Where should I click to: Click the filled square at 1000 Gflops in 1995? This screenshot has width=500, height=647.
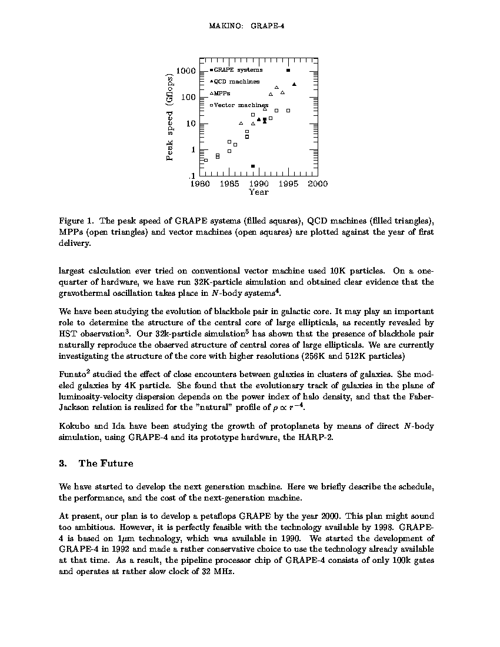click(288, 70)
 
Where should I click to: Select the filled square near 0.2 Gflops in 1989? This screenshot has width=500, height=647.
click(253, 166)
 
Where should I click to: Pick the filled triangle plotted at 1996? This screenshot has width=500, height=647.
click(294, 85)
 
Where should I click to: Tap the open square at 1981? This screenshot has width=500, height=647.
click(206, 160)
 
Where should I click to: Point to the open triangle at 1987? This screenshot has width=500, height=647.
click(241, 123)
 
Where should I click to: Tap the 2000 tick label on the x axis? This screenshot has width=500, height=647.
click(318, 184)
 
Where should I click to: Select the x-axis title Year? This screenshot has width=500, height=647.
click(259, 192)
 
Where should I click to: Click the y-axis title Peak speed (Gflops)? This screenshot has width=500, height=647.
click(169, 118)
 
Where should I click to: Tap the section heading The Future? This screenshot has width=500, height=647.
click(106, 463)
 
